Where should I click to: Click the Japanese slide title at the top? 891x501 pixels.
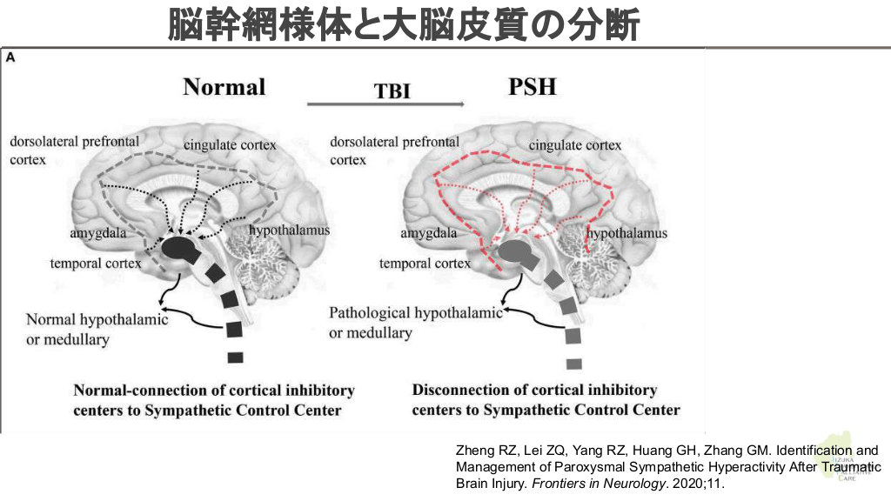tap(404, 24)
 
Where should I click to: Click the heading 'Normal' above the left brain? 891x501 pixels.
tap(224, 87)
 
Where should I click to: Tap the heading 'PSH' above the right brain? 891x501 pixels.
tap(532, 87)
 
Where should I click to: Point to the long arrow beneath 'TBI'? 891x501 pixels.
tap(385, 105)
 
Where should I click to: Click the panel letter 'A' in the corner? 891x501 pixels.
tap(10, 57)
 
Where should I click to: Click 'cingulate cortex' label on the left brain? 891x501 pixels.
tap(230, 144)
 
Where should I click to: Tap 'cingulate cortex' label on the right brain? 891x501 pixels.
tap(575, 145)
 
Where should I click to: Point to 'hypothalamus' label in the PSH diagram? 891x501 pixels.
tap(626, 233)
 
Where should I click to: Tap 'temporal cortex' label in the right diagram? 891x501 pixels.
tap(425, 262)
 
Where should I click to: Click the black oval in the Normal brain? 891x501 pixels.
tap(181, 250)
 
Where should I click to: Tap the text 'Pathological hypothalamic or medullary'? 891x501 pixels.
tap(415, 322)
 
